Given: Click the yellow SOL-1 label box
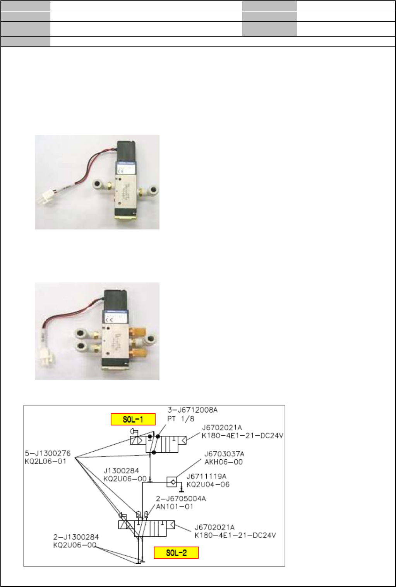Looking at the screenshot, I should (x=133, y=419).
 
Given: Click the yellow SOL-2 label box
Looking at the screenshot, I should (x=176, y=553).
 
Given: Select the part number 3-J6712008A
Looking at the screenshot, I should (x=190, y=410).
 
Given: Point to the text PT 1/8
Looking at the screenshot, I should (x=181, y=418).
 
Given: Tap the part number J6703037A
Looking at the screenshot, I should (x=224, y=454).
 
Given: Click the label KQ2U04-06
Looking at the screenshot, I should (x=208, y=484).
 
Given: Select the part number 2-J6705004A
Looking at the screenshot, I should (x=181, y=498).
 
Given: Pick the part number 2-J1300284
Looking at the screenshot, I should (x=76, y=537).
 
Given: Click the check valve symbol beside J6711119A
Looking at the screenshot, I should (x=171, y=482).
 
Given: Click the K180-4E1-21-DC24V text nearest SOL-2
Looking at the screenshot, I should (x=235, y=535).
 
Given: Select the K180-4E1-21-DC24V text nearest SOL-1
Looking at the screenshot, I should (x=243, y=436).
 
